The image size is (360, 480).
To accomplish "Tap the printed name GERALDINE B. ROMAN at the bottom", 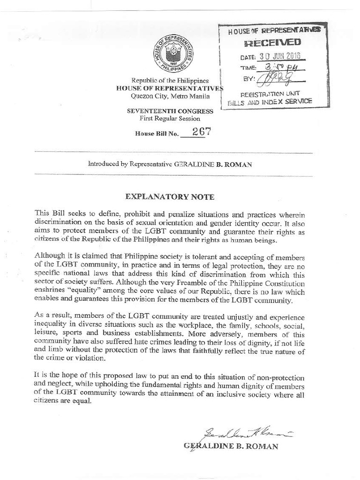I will pos(232,446).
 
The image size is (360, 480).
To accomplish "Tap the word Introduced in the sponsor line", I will pos(102,165).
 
